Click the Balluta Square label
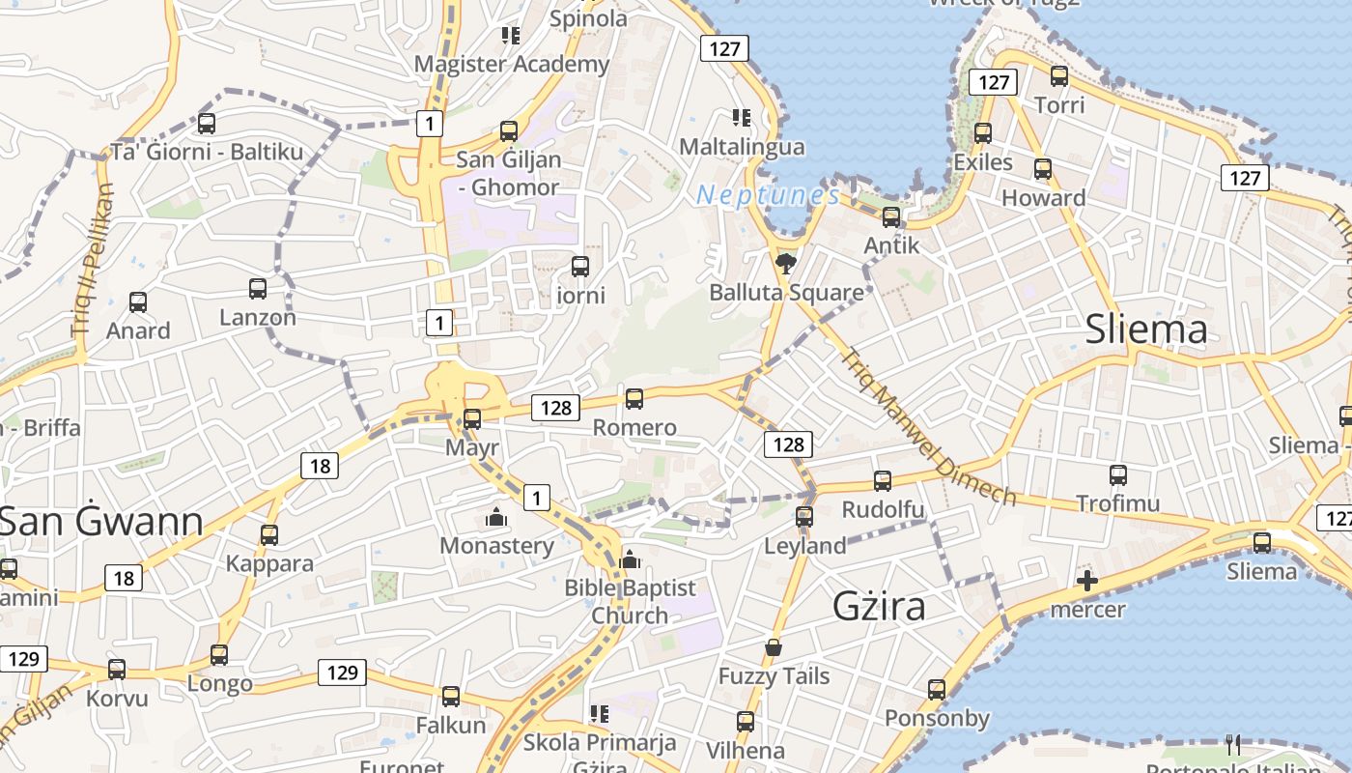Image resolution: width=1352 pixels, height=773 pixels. click(786, 292)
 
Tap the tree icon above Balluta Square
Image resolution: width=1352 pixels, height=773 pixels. click(786, 262)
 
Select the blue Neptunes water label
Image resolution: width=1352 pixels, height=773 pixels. click(768, 195)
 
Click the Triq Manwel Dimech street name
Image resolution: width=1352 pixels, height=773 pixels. click(928, 427)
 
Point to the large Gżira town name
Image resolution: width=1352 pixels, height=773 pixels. click(880, 606)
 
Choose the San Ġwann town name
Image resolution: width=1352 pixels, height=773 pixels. click(101, 522)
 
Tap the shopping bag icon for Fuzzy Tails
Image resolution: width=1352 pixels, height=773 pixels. click(773, 646)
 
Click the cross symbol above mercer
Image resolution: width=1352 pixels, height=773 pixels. click(1087, 581)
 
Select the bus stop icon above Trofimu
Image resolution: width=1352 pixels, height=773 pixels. click(1118, 475)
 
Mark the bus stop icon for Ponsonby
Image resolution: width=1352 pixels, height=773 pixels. click(937, 690)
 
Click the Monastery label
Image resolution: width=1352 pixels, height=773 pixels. click(496, 545)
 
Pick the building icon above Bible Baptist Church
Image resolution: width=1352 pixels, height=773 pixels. click(630, 559)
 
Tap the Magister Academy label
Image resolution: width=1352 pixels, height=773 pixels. click(512, 64)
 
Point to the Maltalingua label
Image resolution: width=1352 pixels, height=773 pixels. click(742, 147)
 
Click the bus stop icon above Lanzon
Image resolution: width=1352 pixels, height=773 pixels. click(258, 288)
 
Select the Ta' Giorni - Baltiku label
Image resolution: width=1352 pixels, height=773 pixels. click(207, 152)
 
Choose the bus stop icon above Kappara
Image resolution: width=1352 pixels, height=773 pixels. click(269, 534)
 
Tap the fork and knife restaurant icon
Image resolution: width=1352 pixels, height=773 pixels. click(1232, 744)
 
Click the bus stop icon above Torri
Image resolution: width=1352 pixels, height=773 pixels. click(1059, 75)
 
